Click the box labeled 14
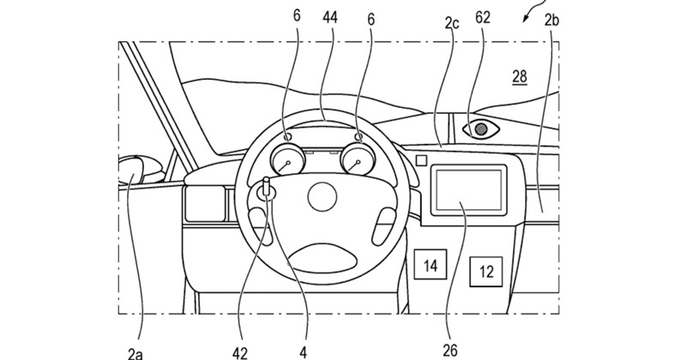point(430,265)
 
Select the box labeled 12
point(486,273)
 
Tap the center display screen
point(469,190)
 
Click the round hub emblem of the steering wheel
point(321,196)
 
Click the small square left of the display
point(419,159)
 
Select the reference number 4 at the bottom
point(302,348)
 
